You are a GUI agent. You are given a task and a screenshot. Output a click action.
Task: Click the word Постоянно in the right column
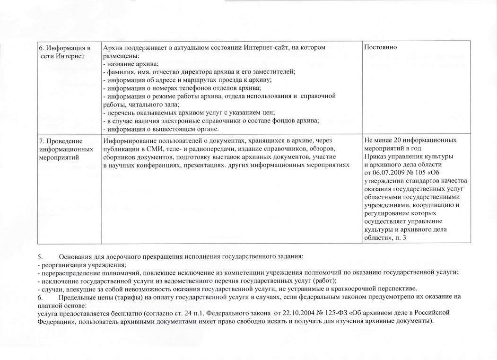coord(380,48)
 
